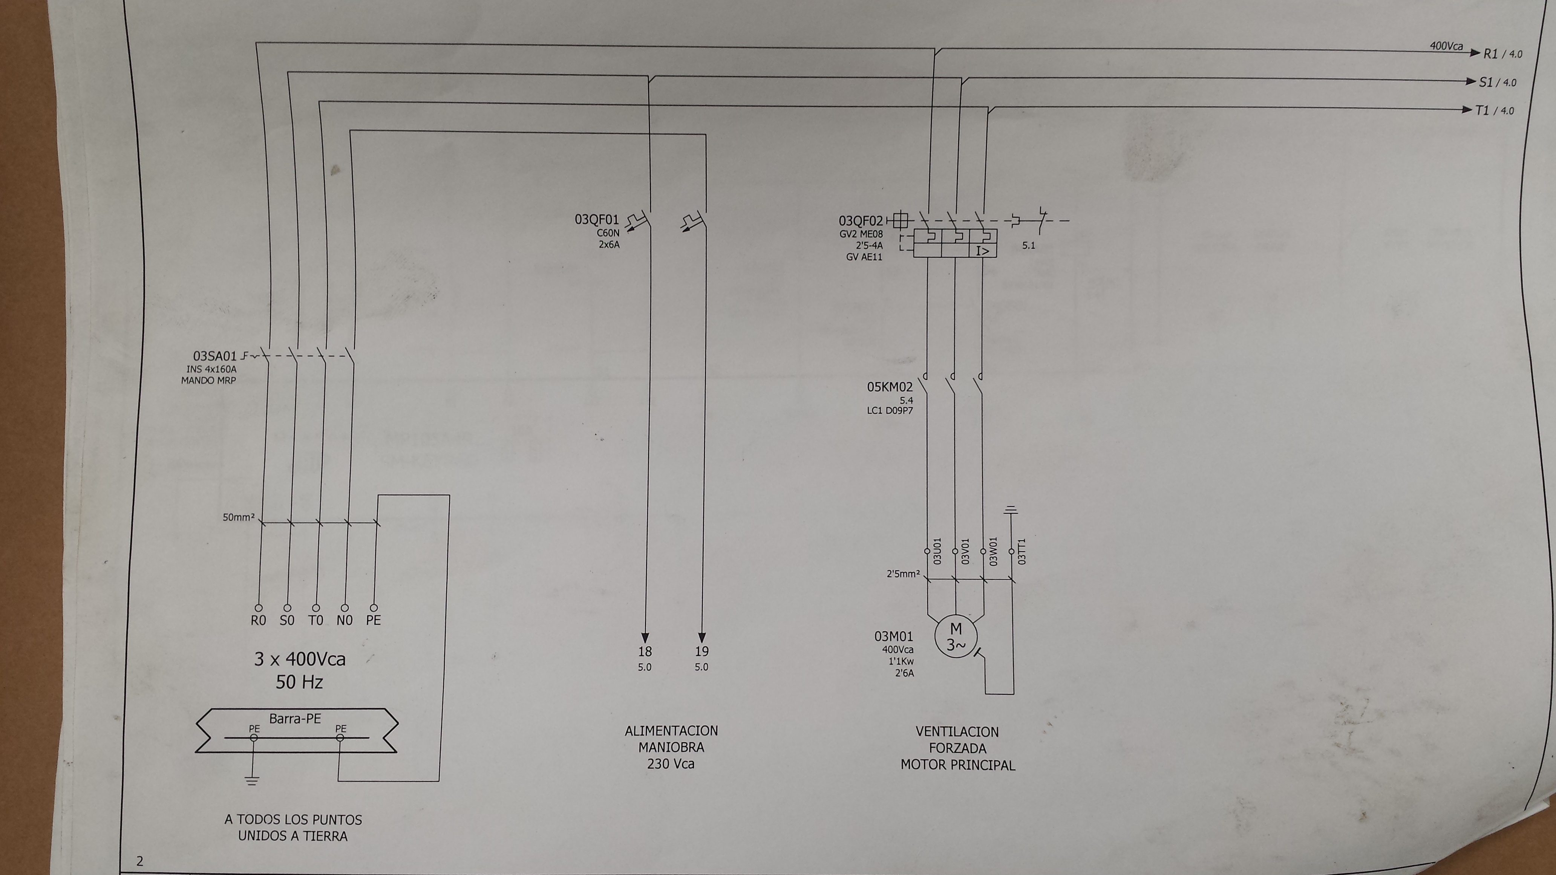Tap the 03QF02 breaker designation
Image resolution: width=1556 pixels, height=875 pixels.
tap(860, 222)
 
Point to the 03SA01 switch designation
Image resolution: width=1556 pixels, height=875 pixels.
tap(215, 356)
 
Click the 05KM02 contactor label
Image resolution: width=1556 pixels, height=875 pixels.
tap(890, 387)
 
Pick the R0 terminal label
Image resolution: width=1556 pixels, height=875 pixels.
tap(259, 620)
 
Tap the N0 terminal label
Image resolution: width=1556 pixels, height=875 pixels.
tap(344, 620)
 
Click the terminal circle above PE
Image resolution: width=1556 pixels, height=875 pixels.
tap(374, 607)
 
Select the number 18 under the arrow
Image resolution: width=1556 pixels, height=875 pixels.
tap(645, 652)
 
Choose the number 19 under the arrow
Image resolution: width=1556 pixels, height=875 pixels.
tap(701, 652)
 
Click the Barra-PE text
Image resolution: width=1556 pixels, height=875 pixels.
tap(296, 719)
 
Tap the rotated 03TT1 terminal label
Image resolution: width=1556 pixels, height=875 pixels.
tap(1022, 551)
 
